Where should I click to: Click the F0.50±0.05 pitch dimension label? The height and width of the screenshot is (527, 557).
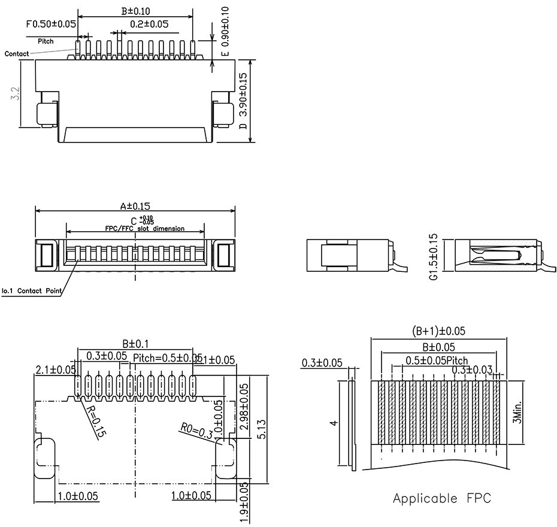(x=51, y=25)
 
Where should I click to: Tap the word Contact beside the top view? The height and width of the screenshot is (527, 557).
(x=16, y=54)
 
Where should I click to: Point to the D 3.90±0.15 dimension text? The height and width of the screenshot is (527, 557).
(x=243, y=102)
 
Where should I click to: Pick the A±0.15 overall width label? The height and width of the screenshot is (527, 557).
(x=135, y=205)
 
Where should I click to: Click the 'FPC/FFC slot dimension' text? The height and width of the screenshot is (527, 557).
(x=144, y=229)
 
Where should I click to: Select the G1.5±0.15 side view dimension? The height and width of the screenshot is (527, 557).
(x=434, y=257)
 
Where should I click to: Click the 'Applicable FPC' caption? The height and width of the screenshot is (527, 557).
(x=442, y=498)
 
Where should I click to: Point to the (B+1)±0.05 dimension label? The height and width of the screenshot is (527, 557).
(x=439, y=331)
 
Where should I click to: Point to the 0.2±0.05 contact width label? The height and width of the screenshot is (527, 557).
(x=149, y=25)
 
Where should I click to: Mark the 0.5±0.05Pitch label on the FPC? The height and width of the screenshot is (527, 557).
(x=437, y=361)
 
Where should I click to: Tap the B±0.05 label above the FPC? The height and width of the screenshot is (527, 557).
(x=439, y=347)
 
